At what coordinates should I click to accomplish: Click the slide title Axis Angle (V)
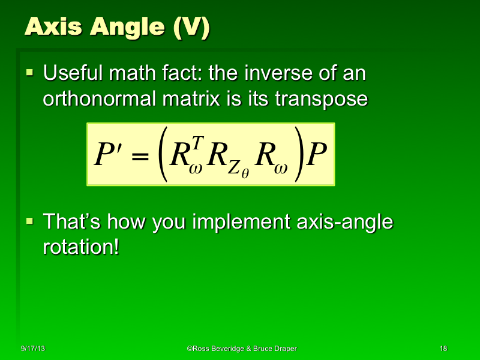tap(118, 28)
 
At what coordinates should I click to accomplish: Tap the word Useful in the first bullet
tap(74, 75)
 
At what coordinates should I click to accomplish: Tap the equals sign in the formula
tap(139, 157)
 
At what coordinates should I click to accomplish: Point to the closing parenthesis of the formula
tap(296, 155)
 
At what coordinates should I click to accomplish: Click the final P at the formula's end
tap(316, 155)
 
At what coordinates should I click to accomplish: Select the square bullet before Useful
tap(29, 74)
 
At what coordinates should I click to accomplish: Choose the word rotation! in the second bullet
tap(80, 247)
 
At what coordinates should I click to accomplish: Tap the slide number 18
tap(443, 349)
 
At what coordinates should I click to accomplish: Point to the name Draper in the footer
tap(282, 349)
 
